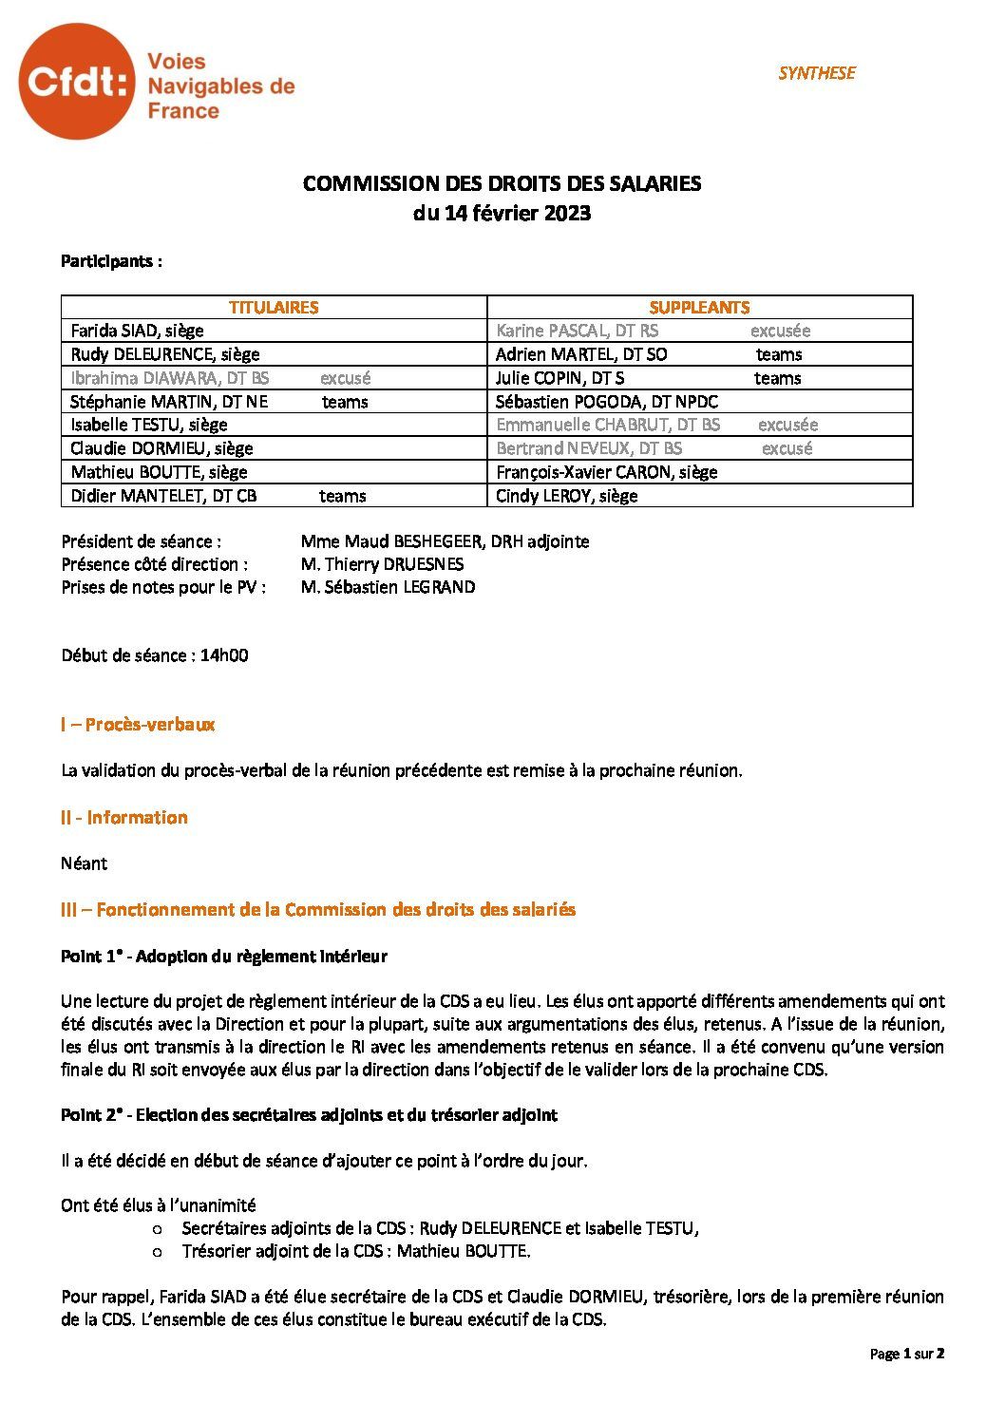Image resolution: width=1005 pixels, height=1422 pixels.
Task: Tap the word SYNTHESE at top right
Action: pos(816,73)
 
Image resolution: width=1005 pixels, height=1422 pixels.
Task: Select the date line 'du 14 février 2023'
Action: pos(502,213)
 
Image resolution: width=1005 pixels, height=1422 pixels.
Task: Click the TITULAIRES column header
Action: pos(274,307)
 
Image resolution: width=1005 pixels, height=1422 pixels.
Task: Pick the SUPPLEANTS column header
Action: pos(699,307)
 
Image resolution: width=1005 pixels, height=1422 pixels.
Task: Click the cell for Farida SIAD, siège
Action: pos(274,331)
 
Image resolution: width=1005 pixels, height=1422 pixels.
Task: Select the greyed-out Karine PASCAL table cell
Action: pos(699,331)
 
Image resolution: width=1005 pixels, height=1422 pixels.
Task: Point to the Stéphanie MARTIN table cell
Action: pos(274,402)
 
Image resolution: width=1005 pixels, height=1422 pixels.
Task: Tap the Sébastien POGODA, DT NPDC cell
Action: pos(699,402)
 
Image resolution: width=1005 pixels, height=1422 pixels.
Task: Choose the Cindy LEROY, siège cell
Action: pos(699,496)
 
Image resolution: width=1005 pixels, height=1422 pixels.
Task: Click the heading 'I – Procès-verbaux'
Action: pos(138,725)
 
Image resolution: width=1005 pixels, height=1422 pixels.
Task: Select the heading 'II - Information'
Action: pos(123,818)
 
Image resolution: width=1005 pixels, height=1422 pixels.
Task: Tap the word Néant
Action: pos(84,863)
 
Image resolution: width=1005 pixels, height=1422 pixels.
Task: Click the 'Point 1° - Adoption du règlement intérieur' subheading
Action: pos(223,957)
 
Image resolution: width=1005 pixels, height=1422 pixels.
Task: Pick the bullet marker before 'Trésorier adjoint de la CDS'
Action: pos(158,1252)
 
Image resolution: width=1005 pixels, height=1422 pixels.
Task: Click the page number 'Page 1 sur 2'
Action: pos(906,1354)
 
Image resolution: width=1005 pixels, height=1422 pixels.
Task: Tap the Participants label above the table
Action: pos(111,261)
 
